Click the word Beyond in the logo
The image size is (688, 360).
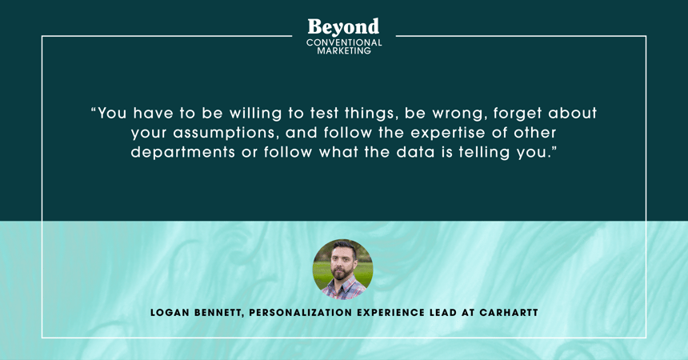[x=343, y=27]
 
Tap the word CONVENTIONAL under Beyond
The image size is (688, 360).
[x=344, y=42]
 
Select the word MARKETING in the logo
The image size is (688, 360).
[x=344, y=50]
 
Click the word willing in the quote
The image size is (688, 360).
[x=255, y=114]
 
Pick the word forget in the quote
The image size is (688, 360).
[x=518, y=114]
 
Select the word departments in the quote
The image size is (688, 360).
[x=183, y=153]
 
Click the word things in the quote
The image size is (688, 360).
[x=371, y=114]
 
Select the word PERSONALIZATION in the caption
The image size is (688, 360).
[x=301, y=313]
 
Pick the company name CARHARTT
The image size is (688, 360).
[x=509, y=313]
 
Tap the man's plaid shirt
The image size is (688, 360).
[x=343, y=290]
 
